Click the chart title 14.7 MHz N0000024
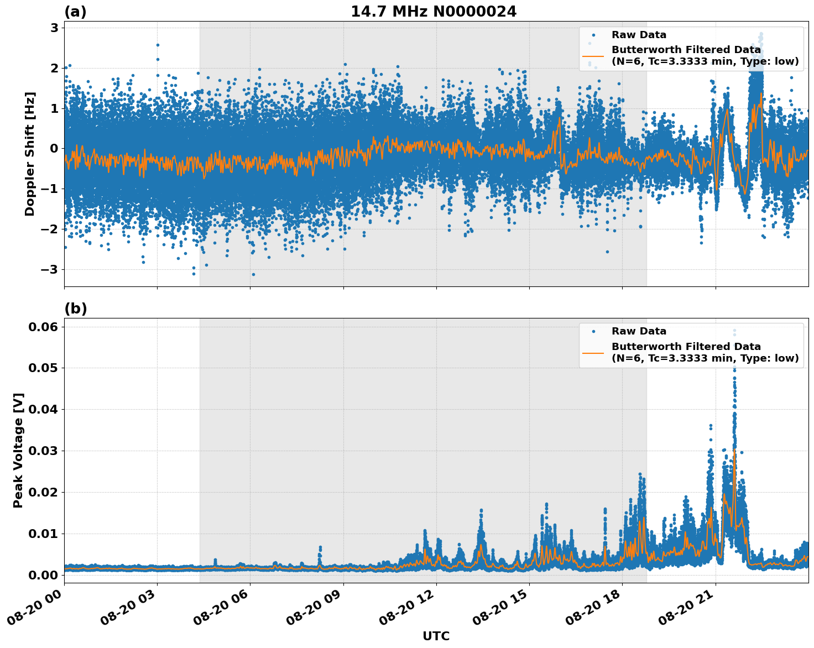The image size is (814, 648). coord(434,12)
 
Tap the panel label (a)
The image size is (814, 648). coord(75,12)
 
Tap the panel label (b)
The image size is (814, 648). coord(75,309)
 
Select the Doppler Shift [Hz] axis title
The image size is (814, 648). coord(30,154)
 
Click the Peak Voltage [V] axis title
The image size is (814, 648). coord(18,450)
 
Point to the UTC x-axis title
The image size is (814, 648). coord(436,636)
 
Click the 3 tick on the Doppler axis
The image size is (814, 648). coord(55,28)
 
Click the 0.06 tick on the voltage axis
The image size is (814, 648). coord(43,327)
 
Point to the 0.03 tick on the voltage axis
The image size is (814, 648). coord(43,451)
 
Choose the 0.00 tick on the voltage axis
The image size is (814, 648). coord(43,575)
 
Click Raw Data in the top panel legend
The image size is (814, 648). coord(639,35)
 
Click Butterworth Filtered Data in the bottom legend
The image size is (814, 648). coord(686,347)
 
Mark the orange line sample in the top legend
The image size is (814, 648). coord(593,55)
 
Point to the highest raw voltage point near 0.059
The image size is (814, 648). coord(734,331)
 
